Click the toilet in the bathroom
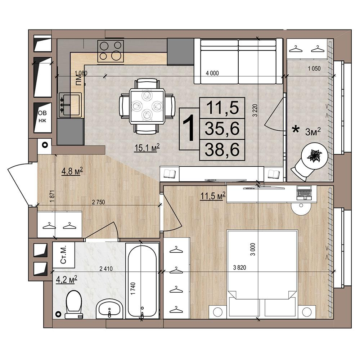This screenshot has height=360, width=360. click(x=74, y=305)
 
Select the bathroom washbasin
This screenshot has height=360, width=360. click(x=110, y=309)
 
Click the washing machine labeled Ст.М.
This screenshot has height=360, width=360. click(x=64, y=255)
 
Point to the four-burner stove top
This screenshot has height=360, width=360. click(x=111, y=51)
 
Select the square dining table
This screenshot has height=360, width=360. click(x=147, y=107)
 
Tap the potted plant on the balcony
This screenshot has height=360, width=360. click(x=315, y=156)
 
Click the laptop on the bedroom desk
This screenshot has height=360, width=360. click(x=304, y=193)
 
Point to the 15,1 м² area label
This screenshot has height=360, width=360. click(x=147, y=148)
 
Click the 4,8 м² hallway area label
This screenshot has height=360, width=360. click(x=72, y=171)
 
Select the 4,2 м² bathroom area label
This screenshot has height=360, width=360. click(x=67, y=280)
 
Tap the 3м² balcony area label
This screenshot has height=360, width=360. click(x=313, y=132)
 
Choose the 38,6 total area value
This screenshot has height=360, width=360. click(x=222, y=149)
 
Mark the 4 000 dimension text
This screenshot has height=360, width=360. click(x=212, y=73)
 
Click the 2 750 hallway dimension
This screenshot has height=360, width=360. click(x=98, y=202)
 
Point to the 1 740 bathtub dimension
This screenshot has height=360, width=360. click(x=134, y=289)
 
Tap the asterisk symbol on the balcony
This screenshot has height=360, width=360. click(x=295, y=130)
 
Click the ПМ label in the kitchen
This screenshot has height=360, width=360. click(x=79, y=81)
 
